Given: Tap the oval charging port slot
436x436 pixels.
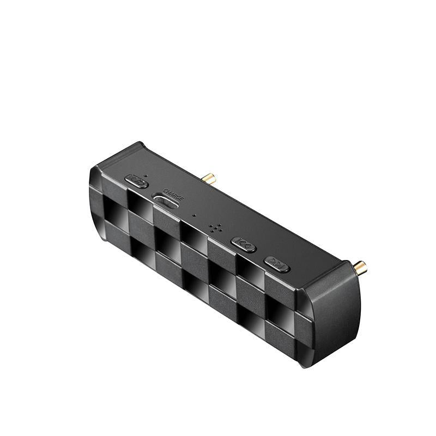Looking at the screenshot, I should pyautogui.click(x=166, y=202).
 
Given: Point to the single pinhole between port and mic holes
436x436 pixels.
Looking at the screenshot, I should pyautogui.click(x=195, y=215).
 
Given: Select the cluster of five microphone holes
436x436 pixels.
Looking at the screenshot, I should pyautogui.click(x=214, y=228).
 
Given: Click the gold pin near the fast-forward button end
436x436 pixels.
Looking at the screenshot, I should pyautogui.click(x=360, y=267).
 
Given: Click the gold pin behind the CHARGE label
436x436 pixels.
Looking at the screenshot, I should pyautogui.click(x=209, y=178).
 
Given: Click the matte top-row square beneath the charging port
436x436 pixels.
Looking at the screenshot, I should pyautogui.click(x=166, y=221).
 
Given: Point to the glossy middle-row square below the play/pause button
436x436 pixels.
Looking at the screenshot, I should pyautogui.click(x=116, y=210).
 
